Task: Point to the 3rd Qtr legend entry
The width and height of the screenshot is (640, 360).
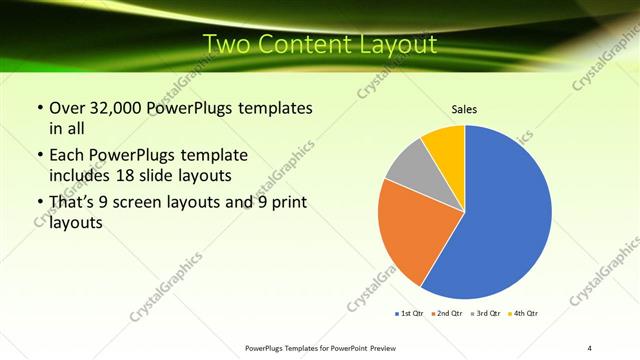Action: click(484, 314)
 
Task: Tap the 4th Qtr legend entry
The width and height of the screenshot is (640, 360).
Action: click(522, 314)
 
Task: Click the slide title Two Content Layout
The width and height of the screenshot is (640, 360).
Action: click(319, 44)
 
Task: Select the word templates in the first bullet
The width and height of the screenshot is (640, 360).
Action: click(275, 108)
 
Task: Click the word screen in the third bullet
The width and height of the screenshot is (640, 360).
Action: click(148, 202)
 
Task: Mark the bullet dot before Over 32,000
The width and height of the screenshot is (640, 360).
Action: click(39, 108)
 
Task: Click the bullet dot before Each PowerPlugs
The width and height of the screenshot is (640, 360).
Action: click(39, 155)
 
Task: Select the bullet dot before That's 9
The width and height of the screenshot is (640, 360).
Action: click(39, 202)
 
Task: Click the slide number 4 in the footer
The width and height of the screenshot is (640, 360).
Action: click(589, 347)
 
